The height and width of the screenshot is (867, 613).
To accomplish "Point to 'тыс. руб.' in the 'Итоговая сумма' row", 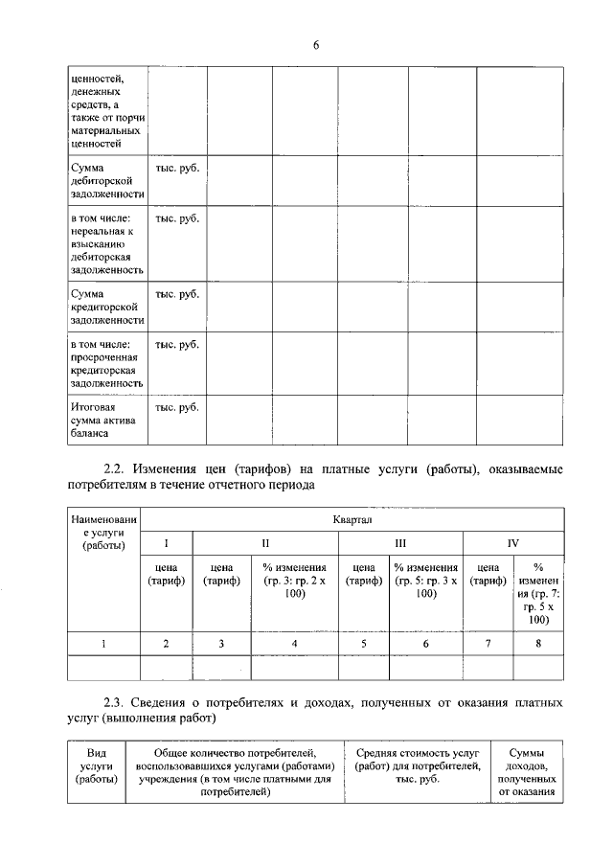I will pyautogui.click(x=177, y=407).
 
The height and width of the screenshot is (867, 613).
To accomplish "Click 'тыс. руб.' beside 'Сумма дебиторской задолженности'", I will pyautogui.click(x=177, y=167).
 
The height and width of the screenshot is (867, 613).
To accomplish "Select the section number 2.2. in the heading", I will pyautogui.click(x=116, y=469).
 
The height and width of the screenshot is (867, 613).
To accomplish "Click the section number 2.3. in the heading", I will pyautogui.click(x=116, y=704).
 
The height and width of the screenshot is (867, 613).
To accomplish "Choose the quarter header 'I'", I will pyautogui.click(x=166, y=543).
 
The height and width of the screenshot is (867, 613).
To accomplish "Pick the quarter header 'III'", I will pyautogui.click(x=400, y=543).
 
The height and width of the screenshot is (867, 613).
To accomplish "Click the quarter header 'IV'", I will pyautogui.click(x=513, y=543).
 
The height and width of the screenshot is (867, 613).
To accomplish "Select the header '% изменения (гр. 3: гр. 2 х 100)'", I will pyautogui.click(x=294, y=581).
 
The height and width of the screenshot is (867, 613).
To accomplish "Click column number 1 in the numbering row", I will pyautogui.click(x=103, y=644).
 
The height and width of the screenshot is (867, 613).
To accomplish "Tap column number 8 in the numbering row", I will pyautogui.click(x=538, y=644).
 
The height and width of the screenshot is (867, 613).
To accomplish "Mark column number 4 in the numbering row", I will pyautogui.click(x=294, y=644).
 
